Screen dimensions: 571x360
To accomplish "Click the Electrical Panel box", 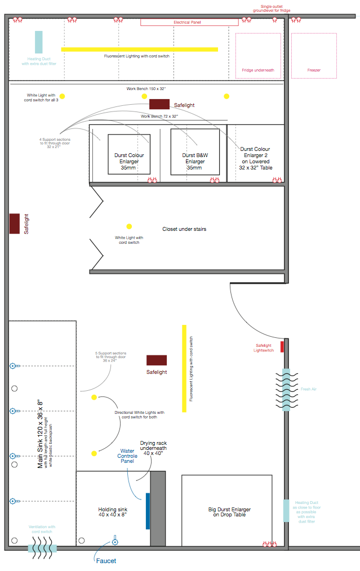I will (x=187, y=23).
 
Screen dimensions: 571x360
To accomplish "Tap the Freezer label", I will (x=314, y=70).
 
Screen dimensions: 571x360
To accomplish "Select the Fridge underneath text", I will (x=258, y=70).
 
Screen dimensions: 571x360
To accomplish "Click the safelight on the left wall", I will (x=15, y=224).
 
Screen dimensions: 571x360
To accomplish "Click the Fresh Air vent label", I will (x=309, y=389).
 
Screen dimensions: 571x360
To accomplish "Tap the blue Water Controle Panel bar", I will (x=148, y=511).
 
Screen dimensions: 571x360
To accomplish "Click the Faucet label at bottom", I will (x=105, y=560).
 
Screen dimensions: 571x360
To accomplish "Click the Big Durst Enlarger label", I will (x=229, y=512).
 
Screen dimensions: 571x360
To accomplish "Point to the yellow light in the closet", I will (x=129, y=226).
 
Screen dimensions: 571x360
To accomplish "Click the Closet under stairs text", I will (x=184, y=229).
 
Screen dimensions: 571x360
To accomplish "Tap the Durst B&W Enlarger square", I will (x=195, y=152).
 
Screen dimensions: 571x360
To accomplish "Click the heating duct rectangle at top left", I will (x=39, y=42).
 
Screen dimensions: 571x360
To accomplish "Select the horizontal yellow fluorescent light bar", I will (x=139, y=50).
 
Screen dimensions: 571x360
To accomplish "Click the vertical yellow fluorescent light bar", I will (x=184, y=368).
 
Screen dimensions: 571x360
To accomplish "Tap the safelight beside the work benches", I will (x=159, y=104).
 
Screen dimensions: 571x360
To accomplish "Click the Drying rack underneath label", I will (x=153, y=448).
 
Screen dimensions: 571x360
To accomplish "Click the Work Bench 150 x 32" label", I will (x=146, y=89).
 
